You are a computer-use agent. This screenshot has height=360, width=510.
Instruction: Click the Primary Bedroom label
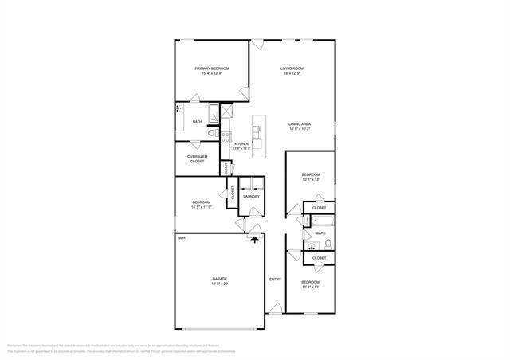tap(212, 69)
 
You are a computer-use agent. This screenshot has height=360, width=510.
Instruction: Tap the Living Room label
tap(291, 69)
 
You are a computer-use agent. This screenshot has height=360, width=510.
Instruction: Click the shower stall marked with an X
tap(226, 111)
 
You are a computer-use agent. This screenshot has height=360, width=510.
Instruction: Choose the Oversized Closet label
tap(197, 158)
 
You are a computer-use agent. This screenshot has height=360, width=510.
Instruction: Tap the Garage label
tap(219, 279)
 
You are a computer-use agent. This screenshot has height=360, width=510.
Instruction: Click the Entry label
tap(275, 279)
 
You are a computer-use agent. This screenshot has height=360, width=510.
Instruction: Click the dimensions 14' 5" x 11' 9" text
tap(200, 207)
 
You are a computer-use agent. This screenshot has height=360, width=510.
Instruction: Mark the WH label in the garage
tap(182, 238)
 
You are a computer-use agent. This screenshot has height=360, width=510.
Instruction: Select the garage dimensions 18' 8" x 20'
tap(219, 284)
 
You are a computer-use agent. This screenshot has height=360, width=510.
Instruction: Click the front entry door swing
tap(274, 307)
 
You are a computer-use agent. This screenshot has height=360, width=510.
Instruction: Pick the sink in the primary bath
tap(179, 108)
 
